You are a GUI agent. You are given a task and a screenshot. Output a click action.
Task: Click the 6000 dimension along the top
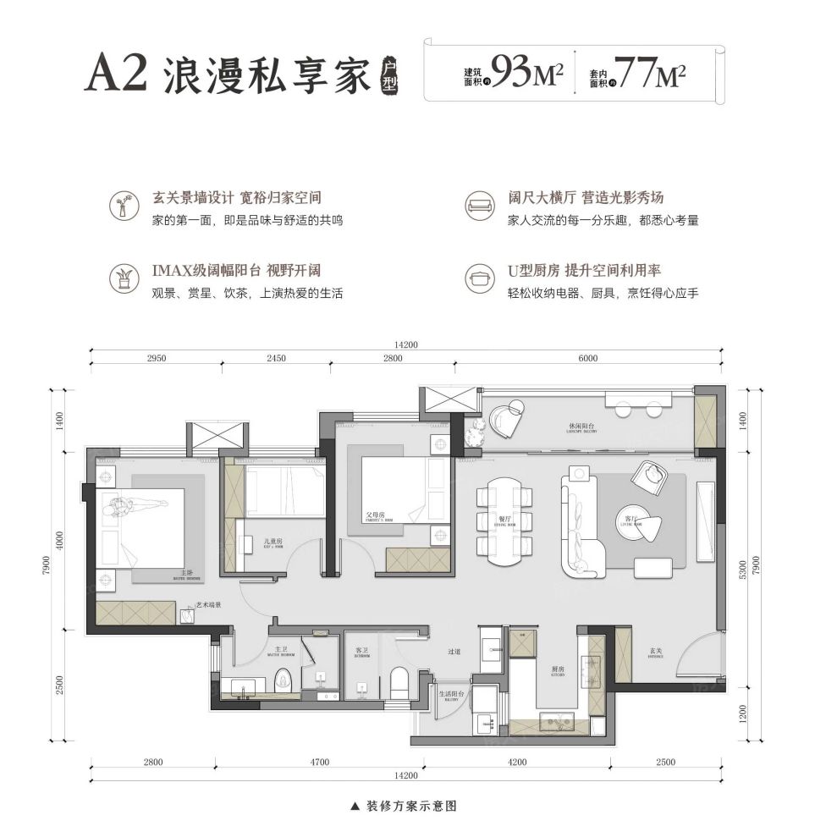click(588, 359)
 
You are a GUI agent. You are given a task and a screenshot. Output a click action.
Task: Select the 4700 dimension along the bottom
click(318, 763)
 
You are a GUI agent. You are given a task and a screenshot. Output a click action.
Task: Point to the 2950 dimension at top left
click(156, 359)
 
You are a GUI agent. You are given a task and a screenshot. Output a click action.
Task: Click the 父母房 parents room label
click(375, 513)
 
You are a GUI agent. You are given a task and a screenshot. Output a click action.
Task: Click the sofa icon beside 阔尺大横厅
click(480, 204)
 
